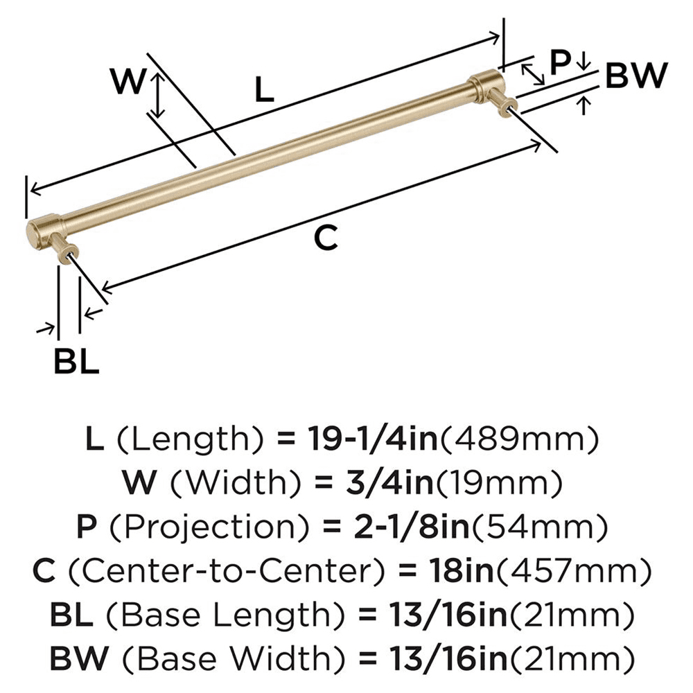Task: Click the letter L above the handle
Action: [264, 90]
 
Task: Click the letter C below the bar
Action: [325, 238]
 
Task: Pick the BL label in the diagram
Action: [76, 362]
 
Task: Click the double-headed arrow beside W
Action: [159, 96]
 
